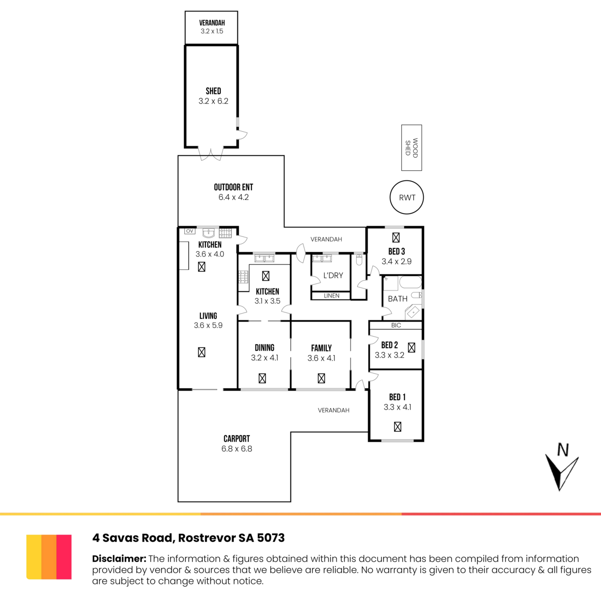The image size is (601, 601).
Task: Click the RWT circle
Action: click(x=407, y=197)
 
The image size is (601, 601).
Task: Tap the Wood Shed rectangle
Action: click(x=411, y=148)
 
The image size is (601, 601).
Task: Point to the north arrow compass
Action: click(x=561, y=467)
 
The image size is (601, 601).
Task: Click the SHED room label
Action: click(x=213, y=91)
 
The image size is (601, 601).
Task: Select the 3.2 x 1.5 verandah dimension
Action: click(x=211, y=31)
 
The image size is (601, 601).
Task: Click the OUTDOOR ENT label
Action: click(x=233, y=187)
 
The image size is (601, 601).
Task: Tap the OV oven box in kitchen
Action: click(x=190, y=231)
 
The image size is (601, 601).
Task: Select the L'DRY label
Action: click(x=333, y=275)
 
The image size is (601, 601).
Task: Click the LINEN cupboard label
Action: click(x=332, y=296)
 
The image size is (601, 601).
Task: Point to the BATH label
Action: click(x=398, y=299)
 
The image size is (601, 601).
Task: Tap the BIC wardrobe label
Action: click(x=396, y=326)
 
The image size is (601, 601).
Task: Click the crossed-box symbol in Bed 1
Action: click(x=398, y=427)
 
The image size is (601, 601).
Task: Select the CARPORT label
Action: click(x=236, y=439)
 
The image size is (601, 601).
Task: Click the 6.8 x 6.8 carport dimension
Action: click(x=236, y=449)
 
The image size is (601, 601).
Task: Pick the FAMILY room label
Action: click(x=321, y=348)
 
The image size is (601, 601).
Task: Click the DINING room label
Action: click(x=264, y=348)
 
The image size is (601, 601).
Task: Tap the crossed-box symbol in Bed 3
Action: click(x=396, y=237)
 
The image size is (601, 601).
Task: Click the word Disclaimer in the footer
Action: click(x=119, y=559)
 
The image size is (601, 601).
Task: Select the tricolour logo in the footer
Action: click(x=49, y=557)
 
